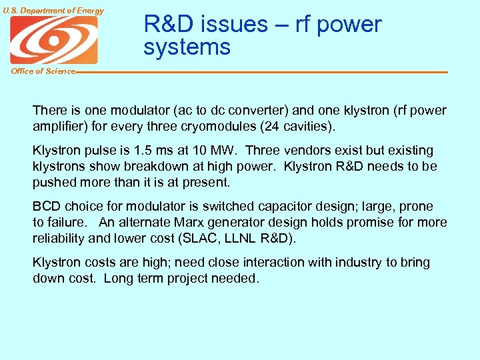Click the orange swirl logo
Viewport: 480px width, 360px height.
point(53,41)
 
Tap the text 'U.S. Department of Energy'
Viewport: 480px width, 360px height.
point(53,10)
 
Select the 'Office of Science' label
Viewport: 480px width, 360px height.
point(43,71)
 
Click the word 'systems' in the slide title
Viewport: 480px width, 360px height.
point(187,47)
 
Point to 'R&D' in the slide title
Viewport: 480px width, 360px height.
point(168,24)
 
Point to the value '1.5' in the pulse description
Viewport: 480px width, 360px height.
point(141,151)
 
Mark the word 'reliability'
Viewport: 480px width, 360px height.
point(57,239)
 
